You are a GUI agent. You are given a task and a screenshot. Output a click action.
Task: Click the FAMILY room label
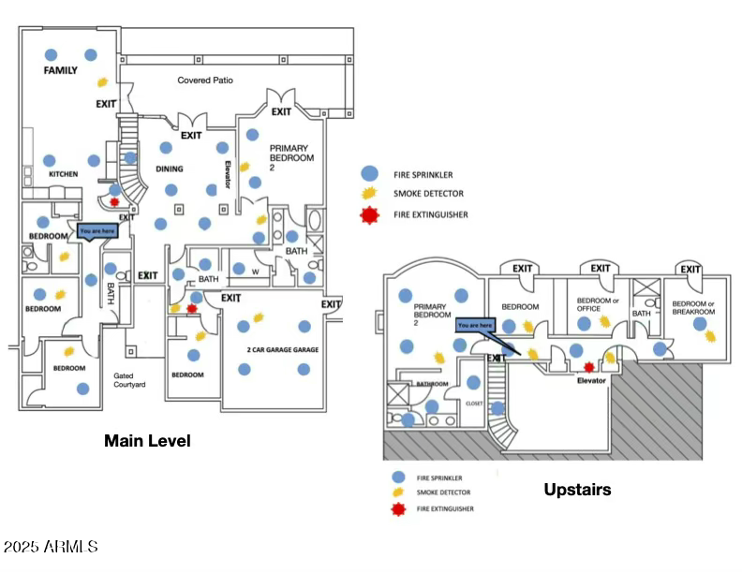(x=61, y=71)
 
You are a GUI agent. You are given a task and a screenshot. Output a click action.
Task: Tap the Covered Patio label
(x=205, y=81)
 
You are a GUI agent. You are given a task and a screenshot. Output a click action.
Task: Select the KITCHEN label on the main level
(x=64, y=174)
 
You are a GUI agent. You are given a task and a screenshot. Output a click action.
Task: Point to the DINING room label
(x=169, y=169)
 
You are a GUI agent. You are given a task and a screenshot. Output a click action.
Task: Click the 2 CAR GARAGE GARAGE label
(x=283, y=350)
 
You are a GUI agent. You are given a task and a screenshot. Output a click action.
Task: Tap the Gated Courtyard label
(x=130, y=379)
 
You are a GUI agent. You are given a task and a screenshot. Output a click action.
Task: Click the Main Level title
(x=147, y=440)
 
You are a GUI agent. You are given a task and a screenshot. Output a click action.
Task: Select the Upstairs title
(x=577, y=489)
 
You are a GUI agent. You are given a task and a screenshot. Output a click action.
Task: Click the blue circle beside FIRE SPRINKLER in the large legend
(x=370, y=173)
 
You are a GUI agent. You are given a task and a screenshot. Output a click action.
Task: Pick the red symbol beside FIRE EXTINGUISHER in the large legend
(x=370, y=214)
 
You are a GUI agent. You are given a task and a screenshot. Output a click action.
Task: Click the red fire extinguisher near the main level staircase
(x=114, y=201)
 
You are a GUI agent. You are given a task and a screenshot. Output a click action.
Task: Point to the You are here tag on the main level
(x=97, y=231)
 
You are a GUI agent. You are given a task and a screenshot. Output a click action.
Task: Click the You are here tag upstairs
(x=475, y=326)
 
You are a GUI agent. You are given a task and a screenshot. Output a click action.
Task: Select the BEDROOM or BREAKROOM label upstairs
(x=693, y=307)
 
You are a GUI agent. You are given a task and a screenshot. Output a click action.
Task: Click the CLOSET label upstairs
(x=473, y=404)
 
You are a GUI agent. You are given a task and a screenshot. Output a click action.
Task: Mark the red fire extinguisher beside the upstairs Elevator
(x=588, y=367)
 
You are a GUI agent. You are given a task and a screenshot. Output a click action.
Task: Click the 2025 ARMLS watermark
(x=51, y=546)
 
